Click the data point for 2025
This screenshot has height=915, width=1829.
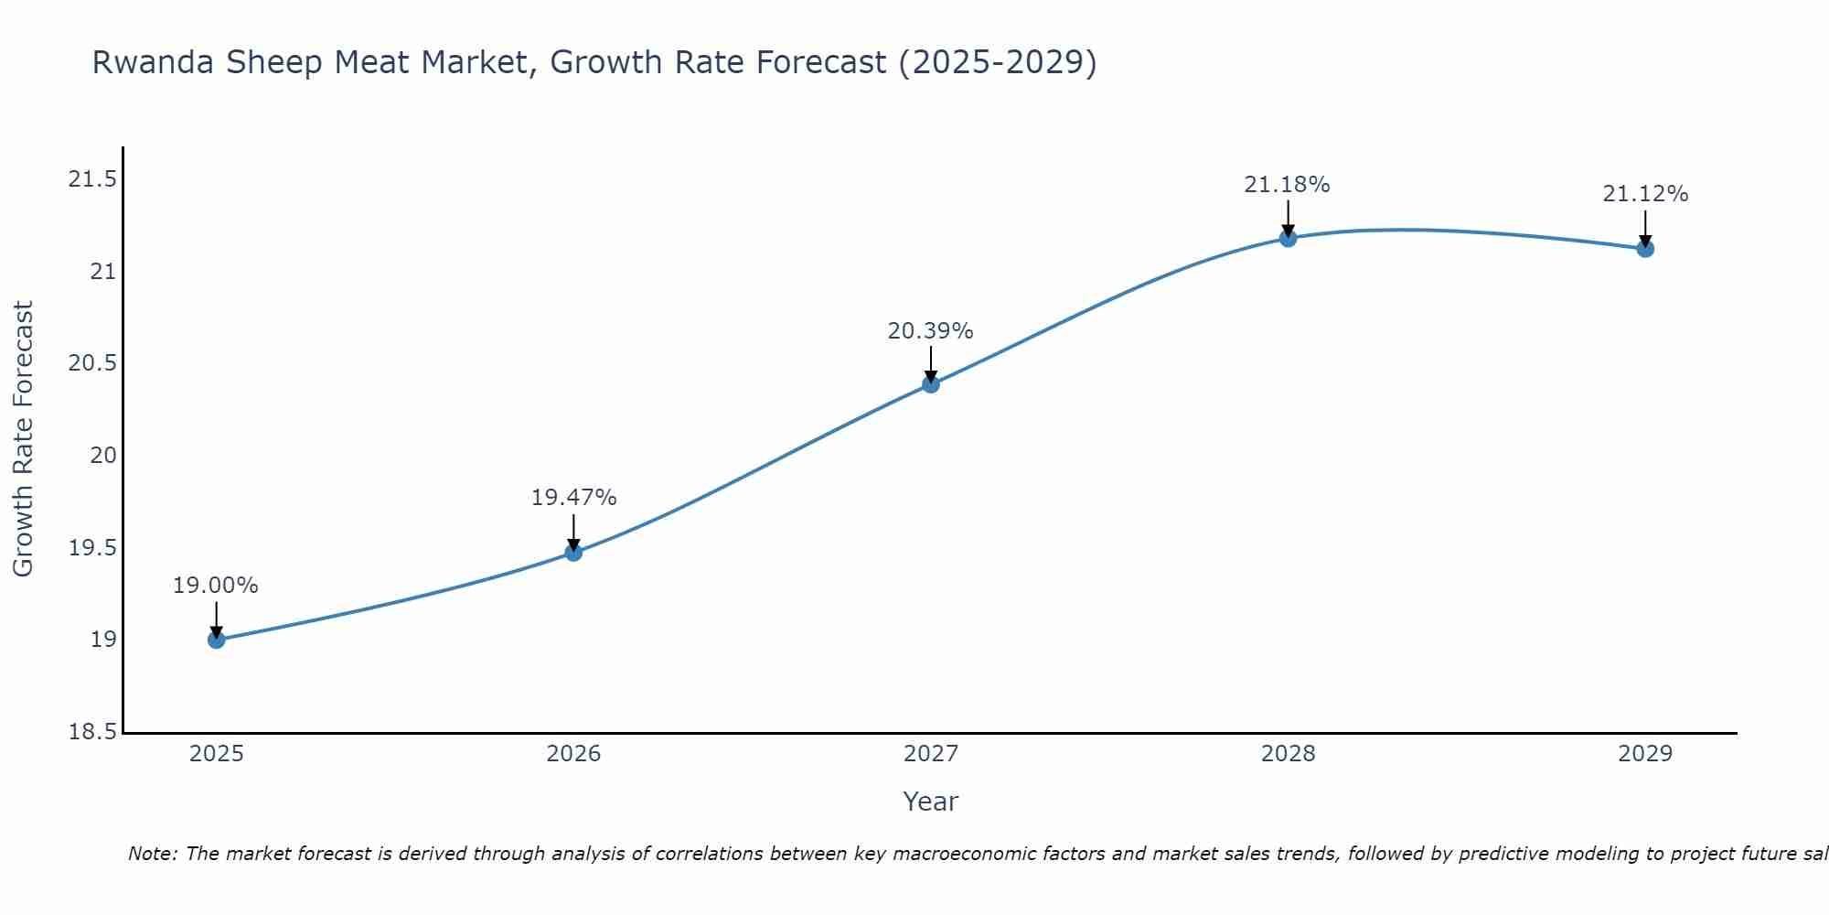click(216, 640)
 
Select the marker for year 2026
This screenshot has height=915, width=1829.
click(573, 553)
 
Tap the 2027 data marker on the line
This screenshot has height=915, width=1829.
click(930, 384)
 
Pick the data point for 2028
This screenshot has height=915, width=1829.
click(1288, 239)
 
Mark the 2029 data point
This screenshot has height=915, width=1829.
click(1644, 249)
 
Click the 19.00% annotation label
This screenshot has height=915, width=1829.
click(216, 586)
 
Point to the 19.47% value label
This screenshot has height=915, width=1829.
click(573, 498)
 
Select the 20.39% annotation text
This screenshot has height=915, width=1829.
click(930, 331)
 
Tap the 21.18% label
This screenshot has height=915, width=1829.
click(1287, 185)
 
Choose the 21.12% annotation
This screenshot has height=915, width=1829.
click(1644, 194)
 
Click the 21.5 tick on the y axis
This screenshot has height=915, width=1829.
click(92, 179)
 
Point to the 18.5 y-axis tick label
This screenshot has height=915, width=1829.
click(92, 732)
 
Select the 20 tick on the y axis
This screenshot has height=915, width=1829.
click(102, 456)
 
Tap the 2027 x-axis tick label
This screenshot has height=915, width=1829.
click(930, 754)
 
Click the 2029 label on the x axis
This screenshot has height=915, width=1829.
click(1644, 754)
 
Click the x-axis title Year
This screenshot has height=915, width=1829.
click(930, 802)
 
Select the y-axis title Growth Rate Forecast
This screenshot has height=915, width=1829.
click(23, 438)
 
